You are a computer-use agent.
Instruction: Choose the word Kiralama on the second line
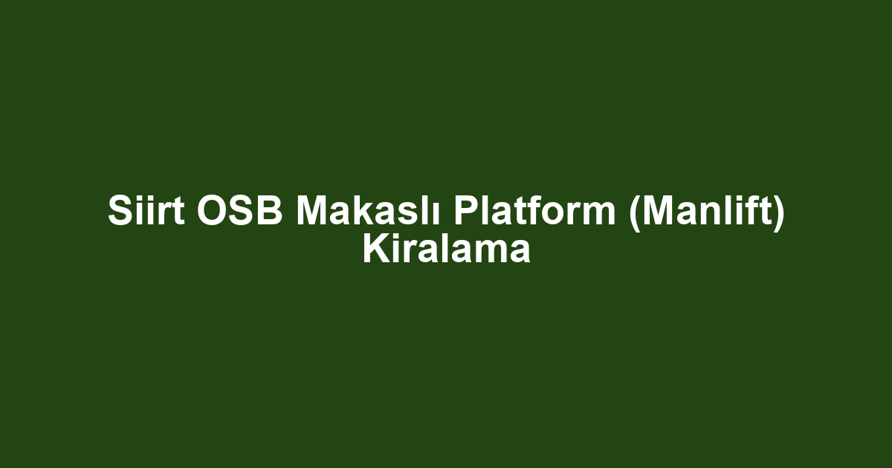coord(446,250)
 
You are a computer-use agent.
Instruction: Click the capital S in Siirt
coord(120,212)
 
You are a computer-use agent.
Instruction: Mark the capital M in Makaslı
coord(312,212)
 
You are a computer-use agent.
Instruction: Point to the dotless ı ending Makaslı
coord(441,212)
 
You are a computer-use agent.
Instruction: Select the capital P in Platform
coord(466,212)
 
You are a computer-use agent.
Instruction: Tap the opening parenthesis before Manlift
coord(633,213)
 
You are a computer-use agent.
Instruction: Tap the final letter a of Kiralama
coord(520,252)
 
